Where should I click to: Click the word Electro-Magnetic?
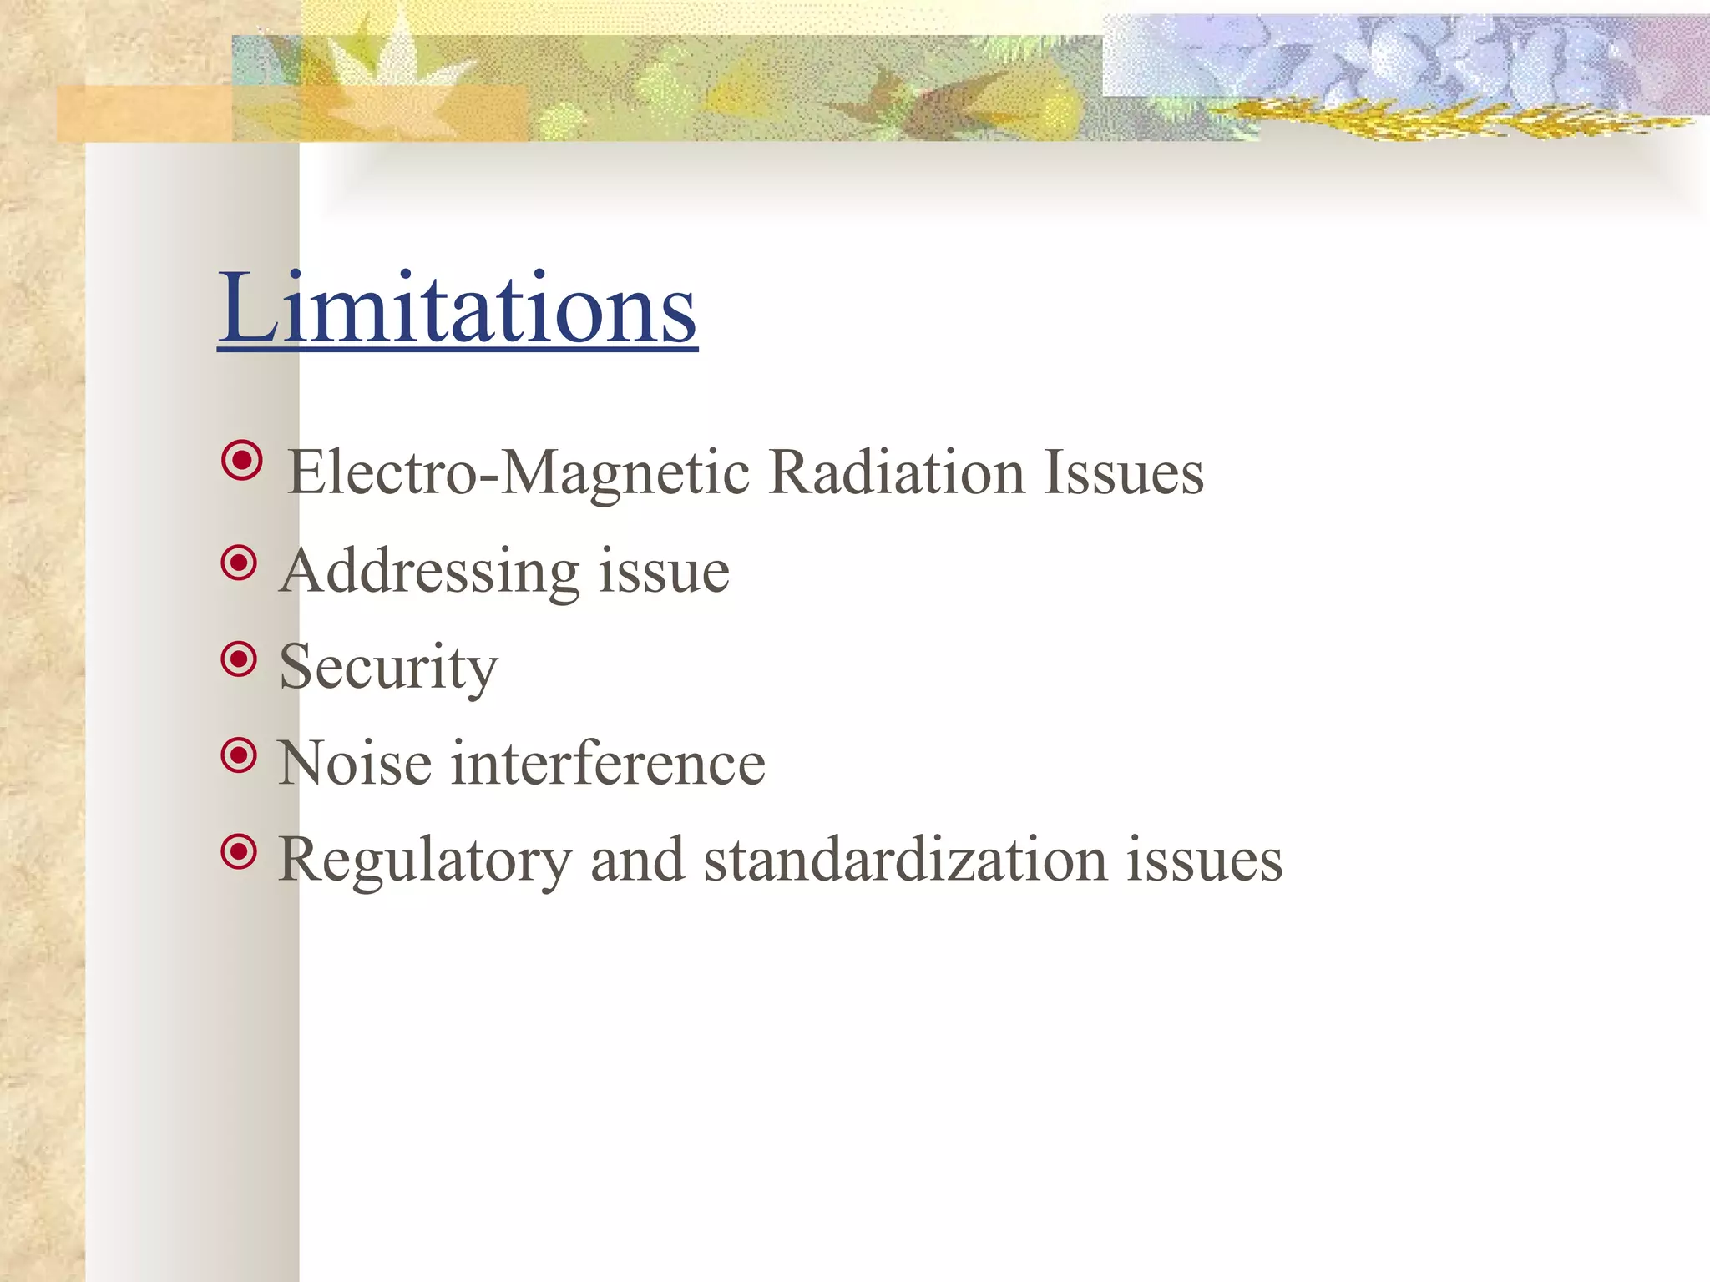coord(519,473)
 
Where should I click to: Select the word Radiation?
coord(896,473)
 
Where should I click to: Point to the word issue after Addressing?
coord(664,573)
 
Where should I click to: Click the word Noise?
coord(355,764)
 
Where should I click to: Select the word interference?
coord(608,764)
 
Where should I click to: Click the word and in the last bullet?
coord(637,860)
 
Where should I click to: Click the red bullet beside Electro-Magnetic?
coord(242,460)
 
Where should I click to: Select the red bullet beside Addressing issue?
coord(240,563)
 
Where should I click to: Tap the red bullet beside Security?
coord(240,659)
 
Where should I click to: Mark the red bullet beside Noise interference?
coord(240,755)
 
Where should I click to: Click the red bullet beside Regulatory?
coord(240,852)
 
